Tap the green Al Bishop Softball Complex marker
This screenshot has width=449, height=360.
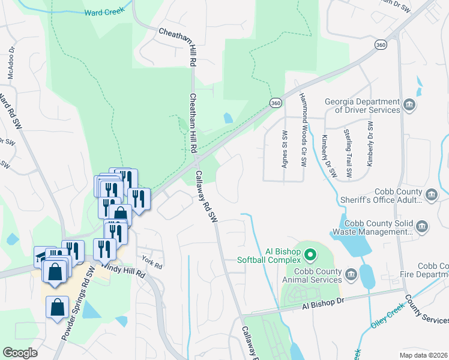point(310,255)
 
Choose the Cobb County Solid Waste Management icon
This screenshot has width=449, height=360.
point(421,227)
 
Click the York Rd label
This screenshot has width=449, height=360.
point(152,262)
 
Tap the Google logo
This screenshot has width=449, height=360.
point(20,353)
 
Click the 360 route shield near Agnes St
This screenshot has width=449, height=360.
point(276,103)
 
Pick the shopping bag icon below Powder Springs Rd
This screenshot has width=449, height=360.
point(57,308)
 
